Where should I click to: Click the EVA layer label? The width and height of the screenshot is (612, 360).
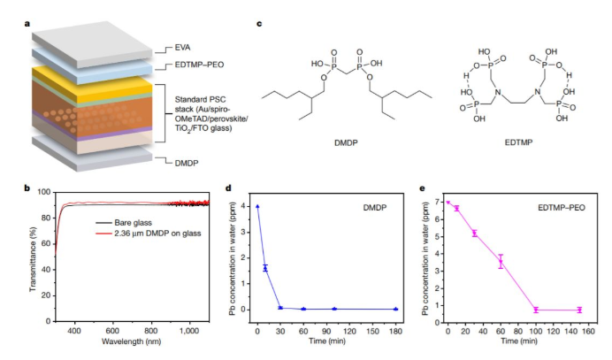point(182,48)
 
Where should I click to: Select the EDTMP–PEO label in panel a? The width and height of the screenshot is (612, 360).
point(199,65)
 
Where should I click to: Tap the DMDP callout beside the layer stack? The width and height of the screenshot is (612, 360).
point(187,163)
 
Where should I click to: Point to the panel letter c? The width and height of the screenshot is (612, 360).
point(259,24)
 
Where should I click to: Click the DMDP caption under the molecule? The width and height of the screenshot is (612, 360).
point(346,143)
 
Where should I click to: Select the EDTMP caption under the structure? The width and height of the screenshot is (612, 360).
point(518,142)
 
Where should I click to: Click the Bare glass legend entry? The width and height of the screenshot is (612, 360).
point(133,223)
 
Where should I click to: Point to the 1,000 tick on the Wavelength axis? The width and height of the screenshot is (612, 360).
point(189,331)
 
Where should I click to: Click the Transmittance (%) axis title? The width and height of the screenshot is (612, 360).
point(33,259)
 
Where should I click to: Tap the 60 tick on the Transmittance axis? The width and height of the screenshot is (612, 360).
point(46,243)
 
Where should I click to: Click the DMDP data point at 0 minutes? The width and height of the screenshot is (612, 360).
point(257,206)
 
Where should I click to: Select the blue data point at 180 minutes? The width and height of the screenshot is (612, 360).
point(396,309)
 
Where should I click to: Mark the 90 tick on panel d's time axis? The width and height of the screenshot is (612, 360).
point(326,331)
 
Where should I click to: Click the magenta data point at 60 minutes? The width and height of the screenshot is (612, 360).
point(501,262)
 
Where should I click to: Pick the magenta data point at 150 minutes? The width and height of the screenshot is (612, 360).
point(579,310)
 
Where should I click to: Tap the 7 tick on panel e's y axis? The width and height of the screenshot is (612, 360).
point(438,203)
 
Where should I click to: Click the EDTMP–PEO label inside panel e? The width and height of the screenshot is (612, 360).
point(562,208)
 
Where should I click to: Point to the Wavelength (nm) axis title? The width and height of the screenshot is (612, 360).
point(132,341)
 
